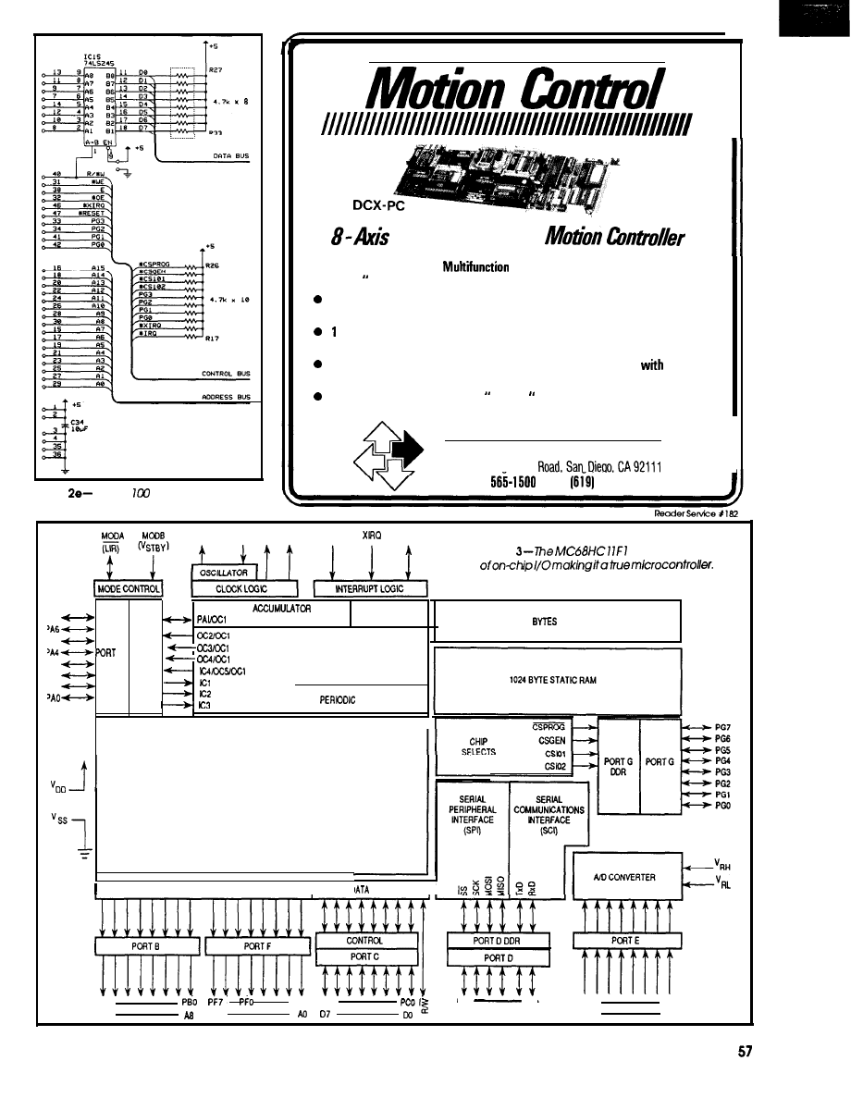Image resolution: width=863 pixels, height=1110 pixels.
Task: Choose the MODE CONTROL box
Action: click(129, 589)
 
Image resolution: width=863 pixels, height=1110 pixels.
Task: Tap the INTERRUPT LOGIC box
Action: click(369, 589)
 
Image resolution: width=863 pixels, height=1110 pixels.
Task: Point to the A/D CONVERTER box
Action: click(627, 878)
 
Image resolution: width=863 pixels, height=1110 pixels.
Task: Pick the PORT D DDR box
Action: click(499, 941)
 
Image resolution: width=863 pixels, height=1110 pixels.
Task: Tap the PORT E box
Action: click(627, 941)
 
